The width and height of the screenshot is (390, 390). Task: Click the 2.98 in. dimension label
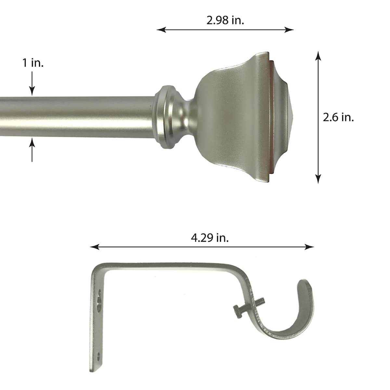tap(225, 20)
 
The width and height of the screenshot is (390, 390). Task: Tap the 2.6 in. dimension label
tap(338, 117)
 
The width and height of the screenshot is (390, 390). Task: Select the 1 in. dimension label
tap(32, 63)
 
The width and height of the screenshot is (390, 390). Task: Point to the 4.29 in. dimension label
tap(210, 238)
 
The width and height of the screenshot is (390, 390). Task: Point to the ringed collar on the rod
tap(166, 117)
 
